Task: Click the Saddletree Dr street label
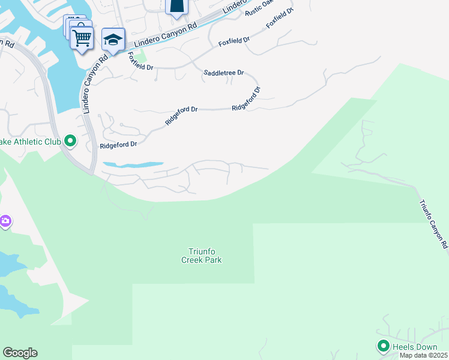[x=224, y=73]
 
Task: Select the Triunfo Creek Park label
[x=202, y=256]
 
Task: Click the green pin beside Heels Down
[x=383, y=346]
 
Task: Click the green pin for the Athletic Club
[x=70, y=142]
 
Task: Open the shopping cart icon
[x=82, y=38]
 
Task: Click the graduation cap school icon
[x=113, y=40]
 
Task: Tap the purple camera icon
[x=5, y=222]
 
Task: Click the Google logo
[x=20, y=353]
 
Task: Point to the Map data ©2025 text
[x=423, y=355]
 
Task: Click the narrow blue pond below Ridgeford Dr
[x=133, y=164]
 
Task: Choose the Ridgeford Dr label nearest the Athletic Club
[x=119, y=145]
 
